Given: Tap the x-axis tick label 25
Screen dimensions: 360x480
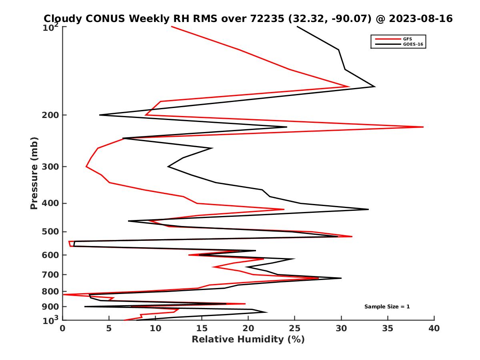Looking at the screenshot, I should point(295,329).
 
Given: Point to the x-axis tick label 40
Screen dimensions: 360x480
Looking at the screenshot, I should point(434,329).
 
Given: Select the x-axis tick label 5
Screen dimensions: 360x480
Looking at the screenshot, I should point(109,329).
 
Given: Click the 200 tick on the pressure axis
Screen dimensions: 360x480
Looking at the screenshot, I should point(51,115).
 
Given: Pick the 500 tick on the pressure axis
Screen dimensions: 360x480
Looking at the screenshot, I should point(51,232).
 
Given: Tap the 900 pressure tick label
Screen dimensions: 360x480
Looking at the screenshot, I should point(51,307).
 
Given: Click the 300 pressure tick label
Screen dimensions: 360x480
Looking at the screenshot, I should point(51,166).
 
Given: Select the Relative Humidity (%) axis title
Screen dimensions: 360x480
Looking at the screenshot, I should point(248,340).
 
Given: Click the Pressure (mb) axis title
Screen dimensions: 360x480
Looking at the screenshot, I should point(34,173).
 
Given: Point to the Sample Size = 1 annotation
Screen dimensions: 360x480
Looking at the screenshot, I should point(387,307).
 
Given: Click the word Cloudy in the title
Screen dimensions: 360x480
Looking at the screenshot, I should point(63,18).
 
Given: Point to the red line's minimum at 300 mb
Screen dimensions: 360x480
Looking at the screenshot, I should point(86,166).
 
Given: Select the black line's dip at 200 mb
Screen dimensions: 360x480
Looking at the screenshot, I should point(100,115).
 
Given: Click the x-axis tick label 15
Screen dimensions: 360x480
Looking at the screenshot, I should point(202,329).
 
